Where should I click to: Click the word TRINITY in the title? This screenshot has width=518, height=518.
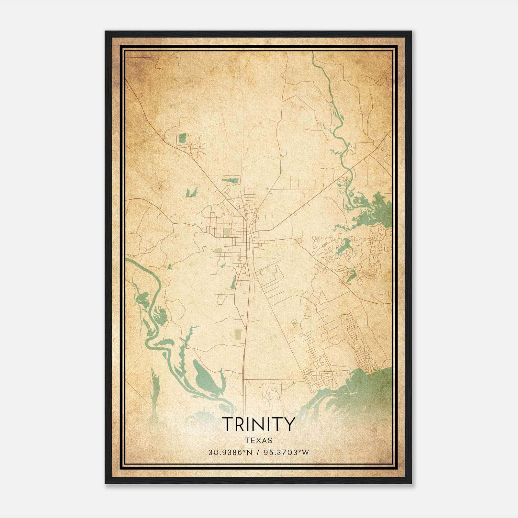[x=258, y=424]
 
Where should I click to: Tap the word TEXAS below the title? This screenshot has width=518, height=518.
[x=258, y=440]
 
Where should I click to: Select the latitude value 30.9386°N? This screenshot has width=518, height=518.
[x=230, y=452]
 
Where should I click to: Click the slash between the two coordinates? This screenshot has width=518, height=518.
[x=258, y=452]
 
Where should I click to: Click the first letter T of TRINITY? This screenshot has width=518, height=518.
[x=227, y=424]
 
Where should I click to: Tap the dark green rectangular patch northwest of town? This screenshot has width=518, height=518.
[x=183, y=138]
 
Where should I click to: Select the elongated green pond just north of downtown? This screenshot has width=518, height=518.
[x=231, y=180]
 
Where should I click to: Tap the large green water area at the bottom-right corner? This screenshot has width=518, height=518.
[x=363, y=385]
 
